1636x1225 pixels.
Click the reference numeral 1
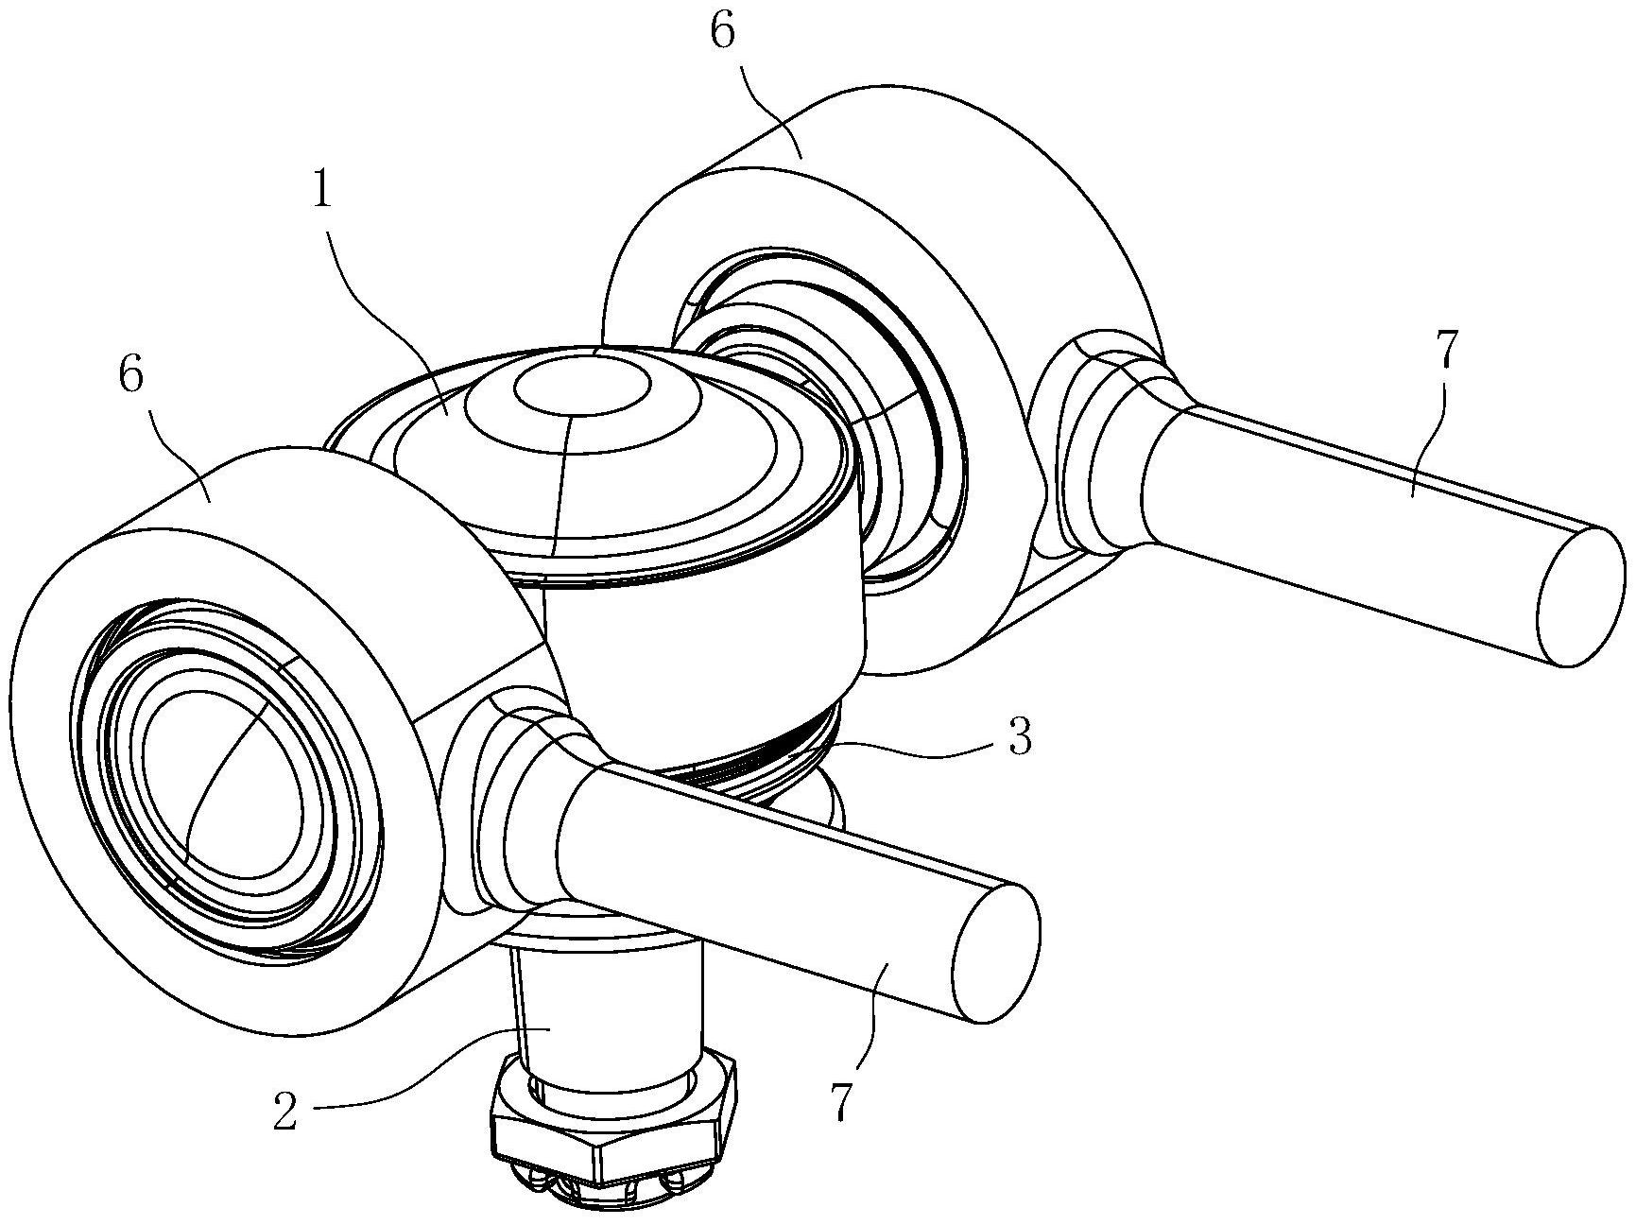tap(321, 193)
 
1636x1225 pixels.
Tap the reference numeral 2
tap(284, 1111)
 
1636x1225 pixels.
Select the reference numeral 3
tap(1018, 736)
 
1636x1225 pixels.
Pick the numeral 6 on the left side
tap(130, 375)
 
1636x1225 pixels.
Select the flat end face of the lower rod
tap(997, 953)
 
